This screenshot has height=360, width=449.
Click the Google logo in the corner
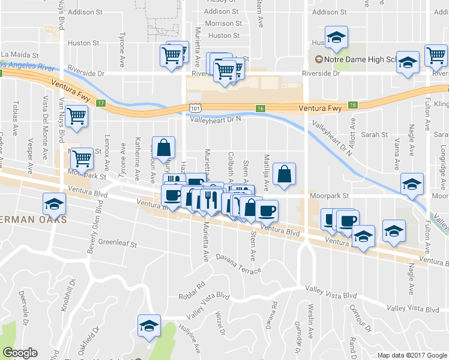[20, 353]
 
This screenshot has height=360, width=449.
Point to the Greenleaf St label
[118, 244]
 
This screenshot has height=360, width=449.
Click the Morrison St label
[223, 23]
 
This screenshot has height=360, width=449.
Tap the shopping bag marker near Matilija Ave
[285, 175]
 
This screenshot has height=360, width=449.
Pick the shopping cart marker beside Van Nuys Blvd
[77, 118]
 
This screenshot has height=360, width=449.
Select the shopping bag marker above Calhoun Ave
[164, 147]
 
